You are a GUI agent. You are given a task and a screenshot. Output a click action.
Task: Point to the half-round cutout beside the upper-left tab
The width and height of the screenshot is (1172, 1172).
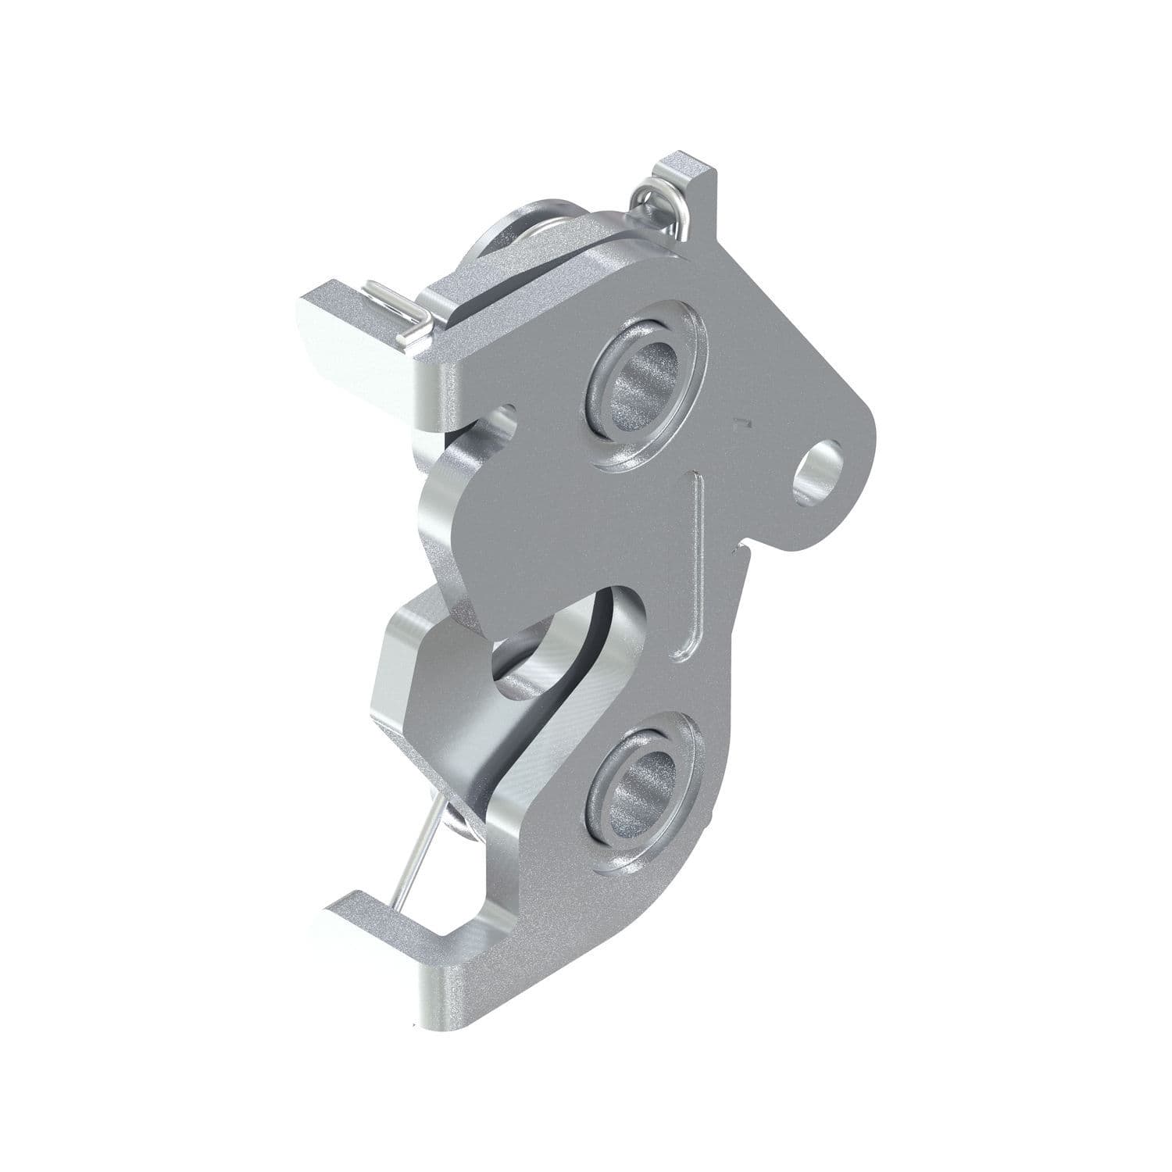tap(504, 418)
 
